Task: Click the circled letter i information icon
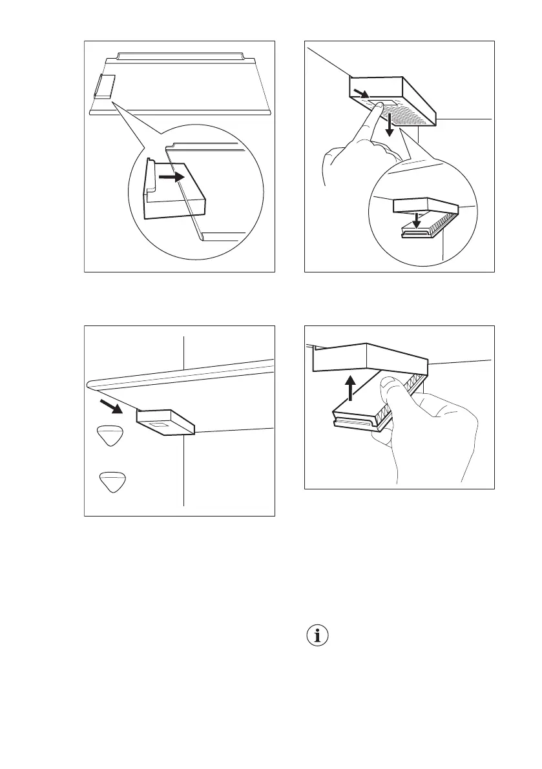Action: point(315,636)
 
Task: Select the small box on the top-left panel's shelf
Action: point(104,86)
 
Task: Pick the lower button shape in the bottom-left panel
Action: point(112,482)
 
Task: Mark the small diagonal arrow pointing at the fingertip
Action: point(364,97)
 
